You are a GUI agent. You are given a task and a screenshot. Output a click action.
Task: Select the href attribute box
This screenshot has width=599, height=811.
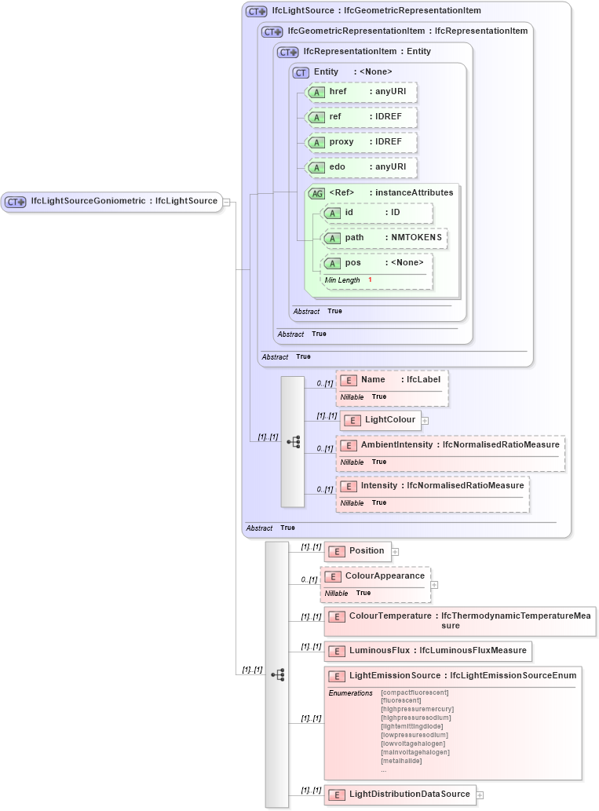pyautogui.click(x=361, y=92)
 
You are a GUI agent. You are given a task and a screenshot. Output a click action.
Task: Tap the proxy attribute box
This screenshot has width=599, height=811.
pyautogui.click(x=361, y=142)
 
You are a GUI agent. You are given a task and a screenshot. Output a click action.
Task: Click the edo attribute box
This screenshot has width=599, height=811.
pyautogui.click(x=361, y=167)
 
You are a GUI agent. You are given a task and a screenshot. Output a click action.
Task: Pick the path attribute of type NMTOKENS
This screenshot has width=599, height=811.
pyautogui.click(x=385, y=237)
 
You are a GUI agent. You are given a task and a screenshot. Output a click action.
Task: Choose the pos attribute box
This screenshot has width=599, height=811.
pyautogui.click(x=377, y=263)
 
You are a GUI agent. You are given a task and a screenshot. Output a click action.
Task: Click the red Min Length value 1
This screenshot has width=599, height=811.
pyautogui.click(x=370, y=280)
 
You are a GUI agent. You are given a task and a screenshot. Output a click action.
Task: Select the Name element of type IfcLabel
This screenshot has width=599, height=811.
pyautogui.click(x=392, y=380)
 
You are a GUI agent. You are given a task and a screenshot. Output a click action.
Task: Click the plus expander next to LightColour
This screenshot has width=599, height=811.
pyautogui.click(x=425, y=420)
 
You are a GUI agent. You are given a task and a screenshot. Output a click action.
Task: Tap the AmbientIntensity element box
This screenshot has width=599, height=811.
pyautogui.click(x=450, y=445)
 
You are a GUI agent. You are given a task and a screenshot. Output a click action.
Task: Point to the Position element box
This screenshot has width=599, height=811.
pyautogui.click(x=357, y=551)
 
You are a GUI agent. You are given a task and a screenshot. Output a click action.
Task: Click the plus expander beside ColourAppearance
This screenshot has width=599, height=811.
pyautogui.click(x=434, y=584)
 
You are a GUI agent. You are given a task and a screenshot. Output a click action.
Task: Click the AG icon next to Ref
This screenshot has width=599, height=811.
pyautogui.click(x=316, y=193)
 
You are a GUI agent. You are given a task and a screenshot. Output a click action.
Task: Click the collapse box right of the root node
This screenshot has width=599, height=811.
pyautogui.click(x=226, y=202)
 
